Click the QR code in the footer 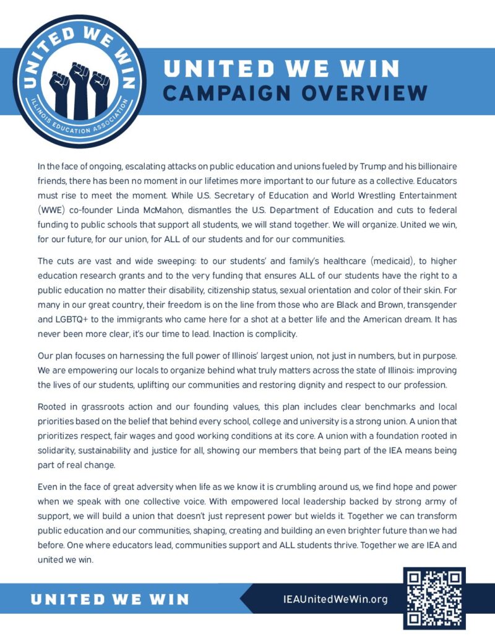434,598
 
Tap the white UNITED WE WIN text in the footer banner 110,599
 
